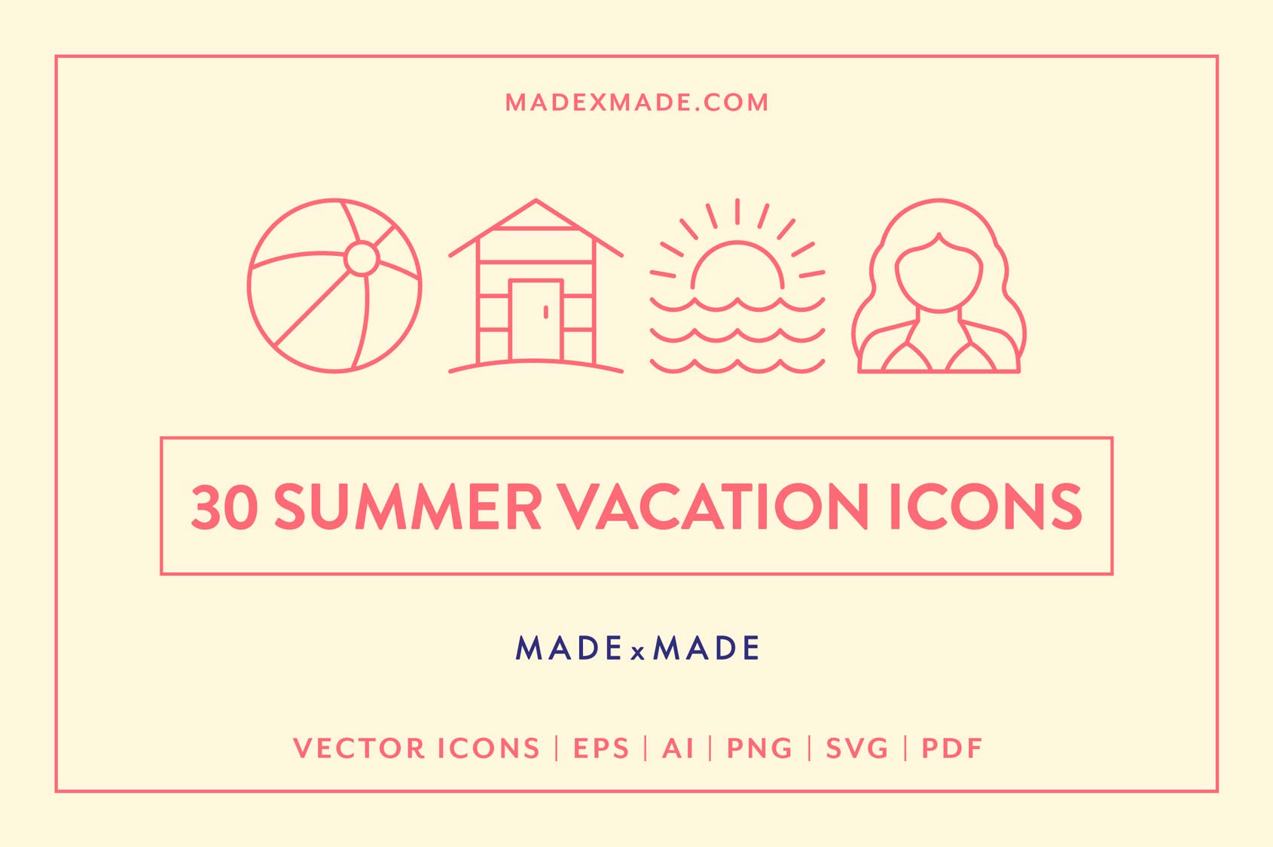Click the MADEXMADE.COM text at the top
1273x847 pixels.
[x=636, y=102]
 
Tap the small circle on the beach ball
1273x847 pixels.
[x=361, y=258]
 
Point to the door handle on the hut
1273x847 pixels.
[x=545, y=312]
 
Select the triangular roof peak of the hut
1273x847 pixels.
[x=536, y=214]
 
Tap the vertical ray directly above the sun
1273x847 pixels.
[x=737, y=211]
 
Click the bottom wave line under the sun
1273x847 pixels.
[x=737, y=367]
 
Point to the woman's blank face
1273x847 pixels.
[x=939, y=275]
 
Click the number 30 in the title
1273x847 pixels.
[x=224, y=507]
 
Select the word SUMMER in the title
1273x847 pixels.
[x=408, y=507]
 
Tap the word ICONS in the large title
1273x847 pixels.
[x=985, y=507]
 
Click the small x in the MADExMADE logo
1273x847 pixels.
[x=638, y=652]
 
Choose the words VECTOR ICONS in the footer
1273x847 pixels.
[x=417, y=748]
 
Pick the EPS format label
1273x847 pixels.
[x=601, y=748]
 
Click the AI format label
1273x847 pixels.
[x=678, y=748]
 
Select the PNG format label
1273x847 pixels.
[x=759, y=748]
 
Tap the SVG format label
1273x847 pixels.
[x=857, y=748]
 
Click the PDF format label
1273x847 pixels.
[x=952, y=748]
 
